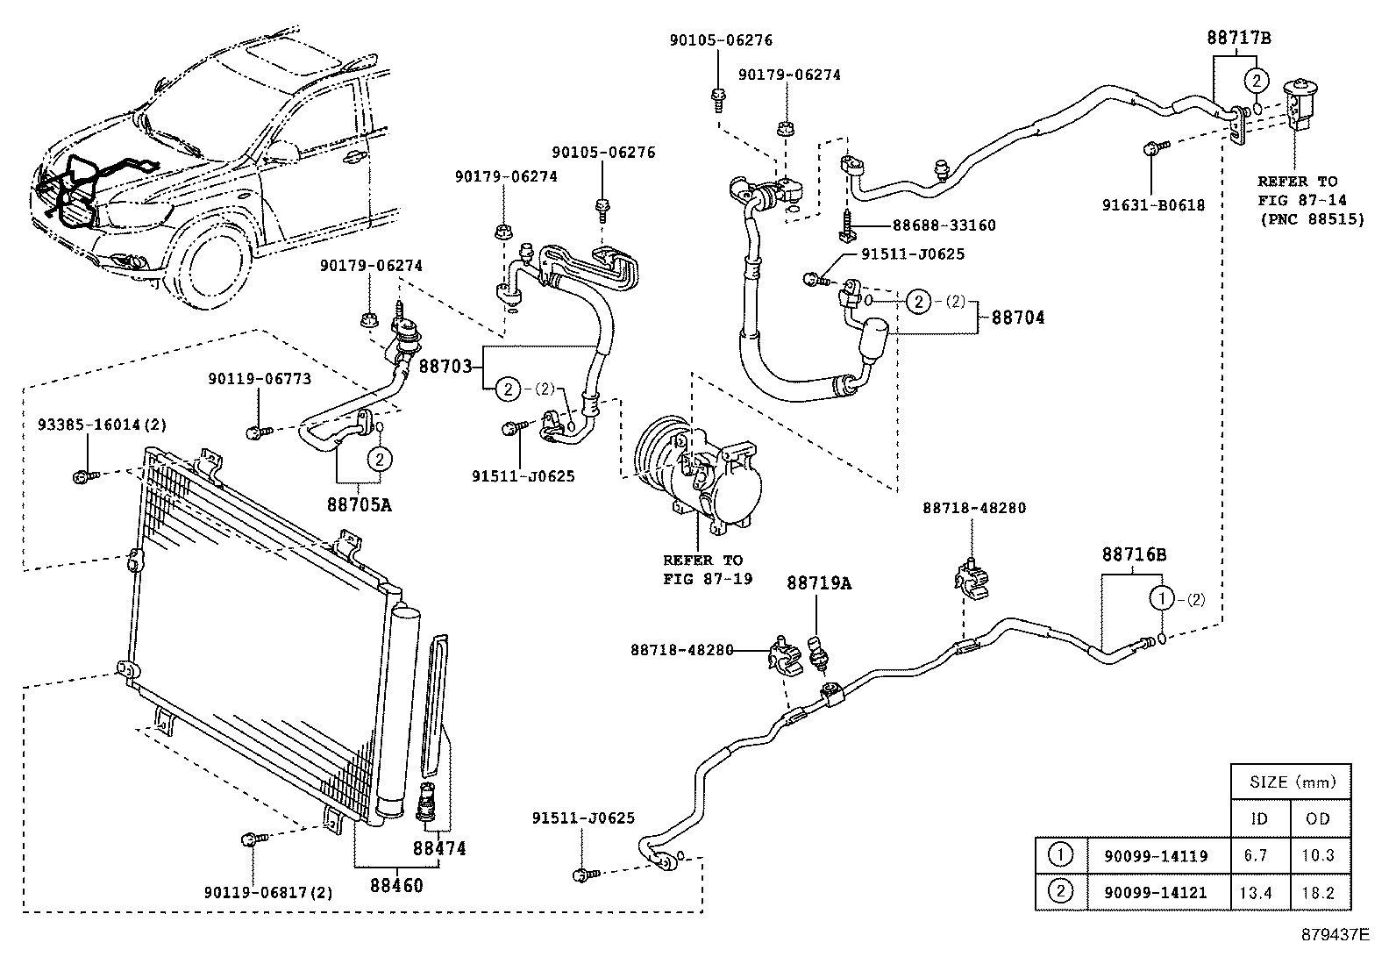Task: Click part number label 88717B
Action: tap(1238, 38)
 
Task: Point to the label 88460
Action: tap(395, 885)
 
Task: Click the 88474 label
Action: tap(439, 848)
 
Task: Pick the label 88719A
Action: tap(819, 583)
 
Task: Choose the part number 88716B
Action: tap(1134, 554)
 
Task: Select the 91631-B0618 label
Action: tap(1153, 205)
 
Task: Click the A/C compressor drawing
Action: tap(702, 474)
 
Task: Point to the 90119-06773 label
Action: tap(260, 379)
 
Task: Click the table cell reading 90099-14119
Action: tap(1148, 856)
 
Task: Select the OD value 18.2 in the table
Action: tap(1318, 892)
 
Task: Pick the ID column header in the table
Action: tap(1259, 818)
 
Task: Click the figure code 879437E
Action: tap(1335, 934)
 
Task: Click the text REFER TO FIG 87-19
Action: tap(702, 569)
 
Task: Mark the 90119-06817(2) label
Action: tap(269, 893)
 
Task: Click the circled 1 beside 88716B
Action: tap(1161, 599)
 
